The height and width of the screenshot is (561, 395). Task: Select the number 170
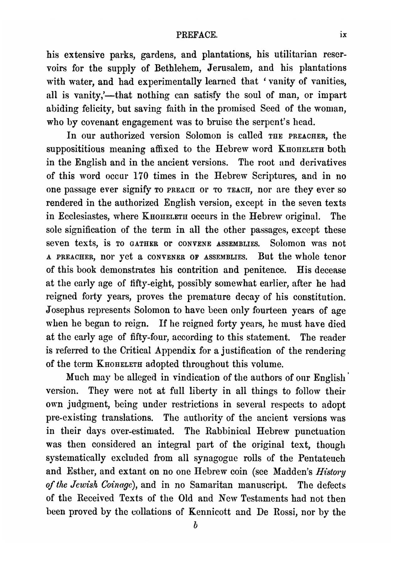(140, 176)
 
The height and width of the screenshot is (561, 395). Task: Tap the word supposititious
(74, 149)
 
